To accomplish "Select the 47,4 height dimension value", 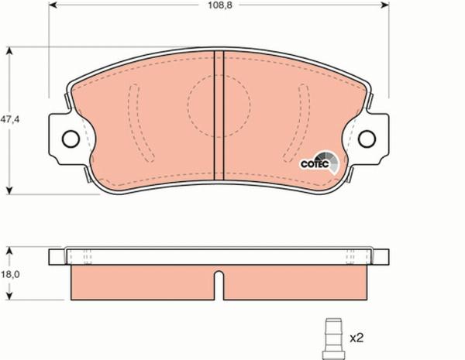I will [x=9, y=120].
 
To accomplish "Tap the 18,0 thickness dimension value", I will [x=9, y=274].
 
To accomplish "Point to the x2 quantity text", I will [x=357, y=338].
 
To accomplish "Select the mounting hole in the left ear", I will [x=70, y=139].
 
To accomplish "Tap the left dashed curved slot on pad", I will [x=136, y=120].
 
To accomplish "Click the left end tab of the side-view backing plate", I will [x=54, y=256].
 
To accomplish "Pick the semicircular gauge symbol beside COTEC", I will [x=331, y=161].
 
